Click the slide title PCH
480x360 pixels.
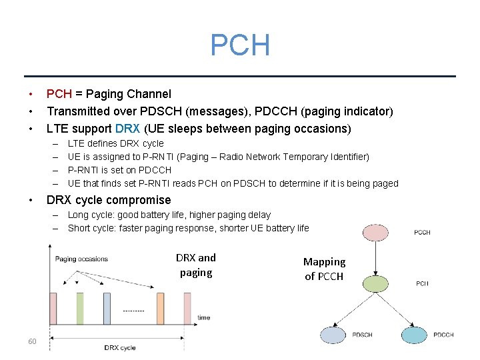click(240, 45)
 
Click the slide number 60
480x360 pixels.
click(32, 342)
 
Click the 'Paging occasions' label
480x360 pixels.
click(81, 259)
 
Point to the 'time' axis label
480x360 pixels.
click(204, 318)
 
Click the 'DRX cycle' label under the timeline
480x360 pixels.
click(120, 347)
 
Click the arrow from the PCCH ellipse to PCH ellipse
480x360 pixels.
click(375, 257)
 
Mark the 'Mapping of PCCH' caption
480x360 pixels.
click(325, 269)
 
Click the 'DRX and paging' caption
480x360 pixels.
click(196, 265)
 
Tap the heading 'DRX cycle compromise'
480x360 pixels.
click(109, 200)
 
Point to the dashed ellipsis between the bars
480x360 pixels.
click(133, 311)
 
